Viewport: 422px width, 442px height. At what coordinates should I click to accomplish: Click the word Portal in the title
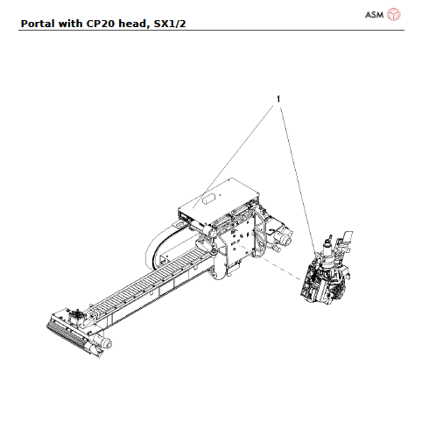(37, 22)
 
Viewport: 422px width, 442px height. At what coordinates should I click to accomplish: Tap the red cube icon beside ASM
(394, 14)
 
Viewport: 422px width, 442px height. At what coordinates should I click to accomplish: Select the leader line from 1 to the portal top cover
(241, 145)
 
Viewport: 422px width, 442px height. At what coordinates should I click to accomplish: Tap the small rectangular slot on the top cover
(210, 200)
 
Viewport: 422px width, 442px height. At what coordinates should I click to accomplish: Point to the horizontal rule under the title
(211, 31)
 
